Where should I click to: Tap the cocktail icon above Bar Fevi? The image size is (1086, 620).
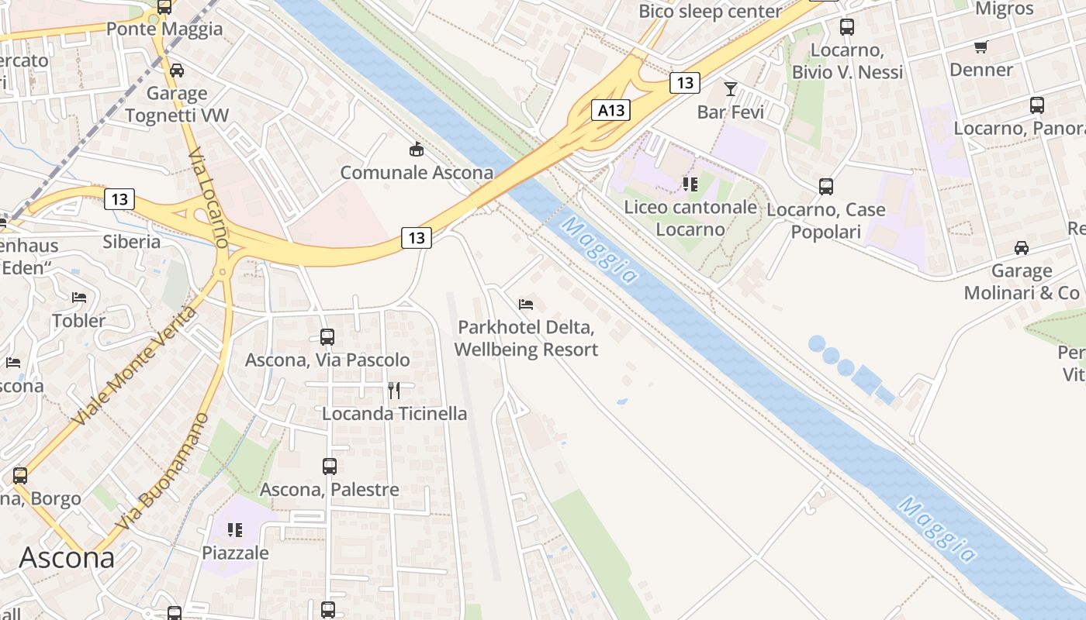730,88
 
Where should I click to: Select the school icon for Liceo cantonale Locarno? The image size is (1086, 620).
690,184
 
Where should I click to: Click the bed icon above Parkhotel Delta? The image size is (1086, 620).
526,304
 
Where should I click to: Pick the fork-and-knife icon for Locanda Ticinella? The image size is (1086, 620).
394,390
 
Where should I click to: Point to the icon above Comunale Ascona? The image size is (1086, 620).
417,149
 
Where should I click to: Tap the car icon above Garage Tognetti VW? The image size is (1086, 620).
177,71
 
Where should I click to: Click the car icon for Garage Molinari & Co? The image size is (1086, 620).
1022,248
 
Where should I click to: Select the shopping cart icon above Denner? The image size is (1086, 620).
981,47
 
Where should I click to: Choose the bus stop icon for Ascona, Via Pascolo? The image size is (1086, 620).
327,337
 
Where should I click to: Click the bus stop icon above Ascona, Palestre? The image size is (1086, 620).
330,467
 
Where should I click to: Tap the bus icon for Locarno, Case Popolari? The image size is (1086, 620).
826,187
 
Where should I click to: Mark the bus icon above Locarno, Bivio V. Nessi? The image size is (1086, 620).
847,27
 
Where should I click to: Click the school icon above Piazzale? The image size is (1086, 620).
235,530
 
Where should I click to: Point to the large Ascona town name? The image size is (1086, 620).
67,558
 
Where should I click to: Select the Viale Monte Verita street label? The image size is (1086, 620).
133,366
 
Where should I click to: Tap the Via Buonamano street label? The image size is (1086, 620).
164,471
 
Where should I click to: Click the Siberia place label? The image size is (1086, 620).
132,242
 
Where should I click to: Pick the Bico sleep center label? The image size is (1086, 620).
710,12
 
